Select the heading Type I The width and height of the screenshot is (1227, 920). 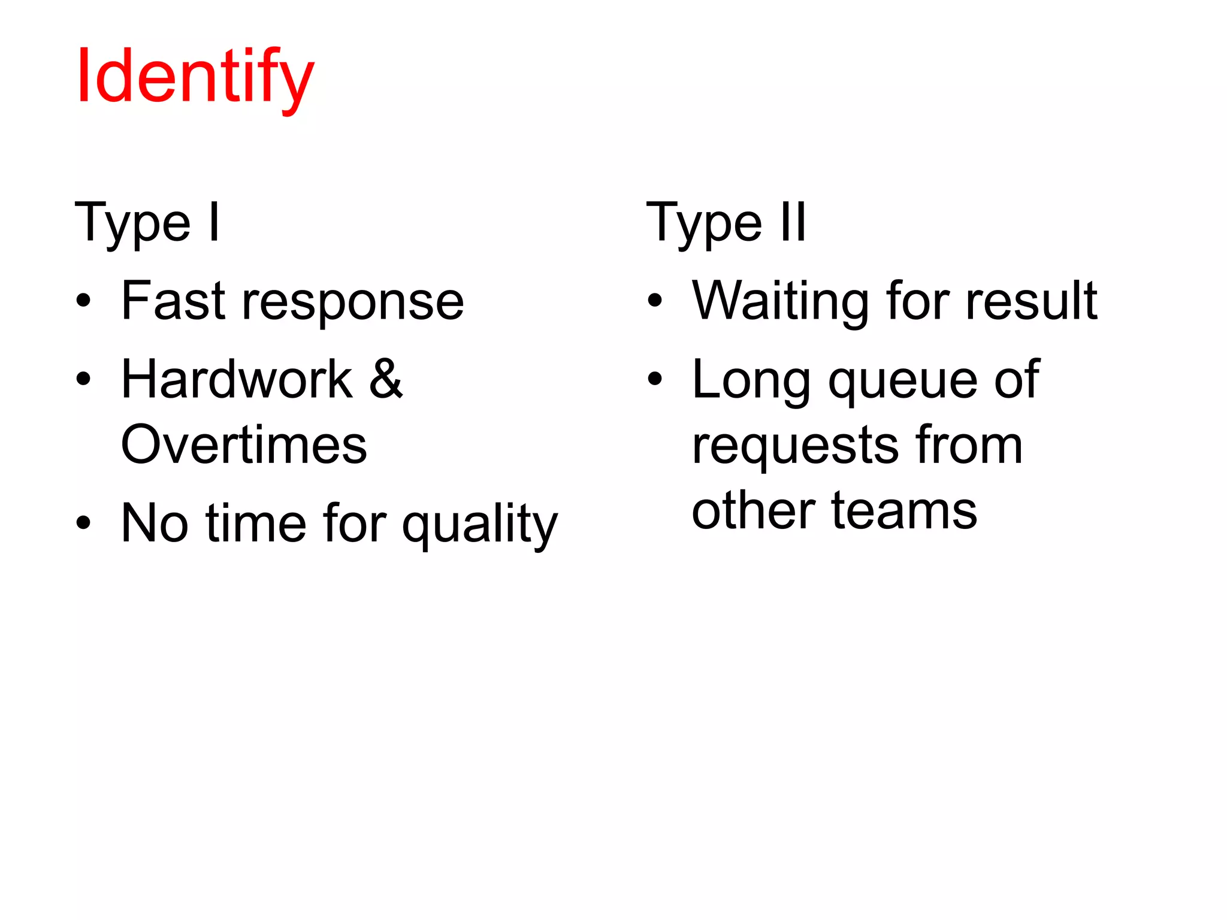click(x=147, y=223)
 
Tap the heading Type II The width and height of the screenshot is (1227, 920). click(x=726, y=223)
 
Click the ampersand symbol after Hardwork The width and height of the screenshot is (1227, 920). click(x=386, y=379)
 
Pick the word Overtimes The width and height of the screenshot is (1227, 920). click(x=244, y=445)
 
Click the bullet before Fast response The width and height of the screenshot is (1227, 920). click(x=84, y=301)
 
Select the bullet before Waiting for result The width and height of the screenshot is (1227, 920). click(x=655, y=301)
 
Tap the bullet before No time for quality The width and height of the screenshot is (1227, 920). click(x=84, y=523)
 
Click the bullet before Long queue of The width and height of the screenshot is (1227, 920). click(x=655, y=379)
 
